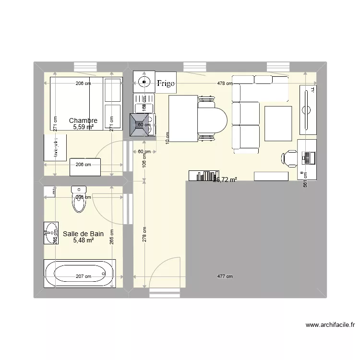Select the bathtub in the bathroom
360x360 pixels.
click(80, 274)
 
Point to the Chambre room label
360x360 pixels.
click(83, 121)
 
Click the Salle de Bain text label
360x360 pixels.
click(83, 234)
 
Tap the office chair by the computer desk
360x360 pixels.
click(289, 157)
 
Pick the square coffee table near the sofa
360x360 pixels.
click(278, 123)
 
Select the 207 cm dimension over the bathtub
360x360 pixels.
click(83, 276)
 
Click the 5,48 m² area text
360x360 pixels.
click(83, 240)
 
